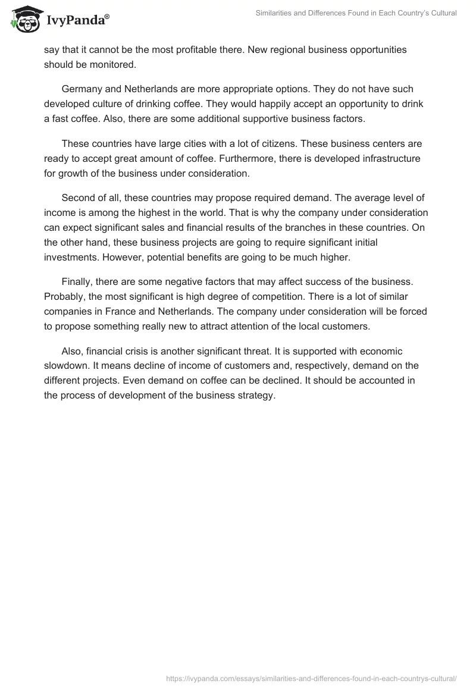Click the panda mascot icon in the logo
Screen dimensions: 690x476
coord(23,20)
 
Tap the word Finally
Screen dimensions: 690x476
coord(77,282)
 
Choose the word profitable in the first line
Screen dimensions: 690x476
coord(198,50)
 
